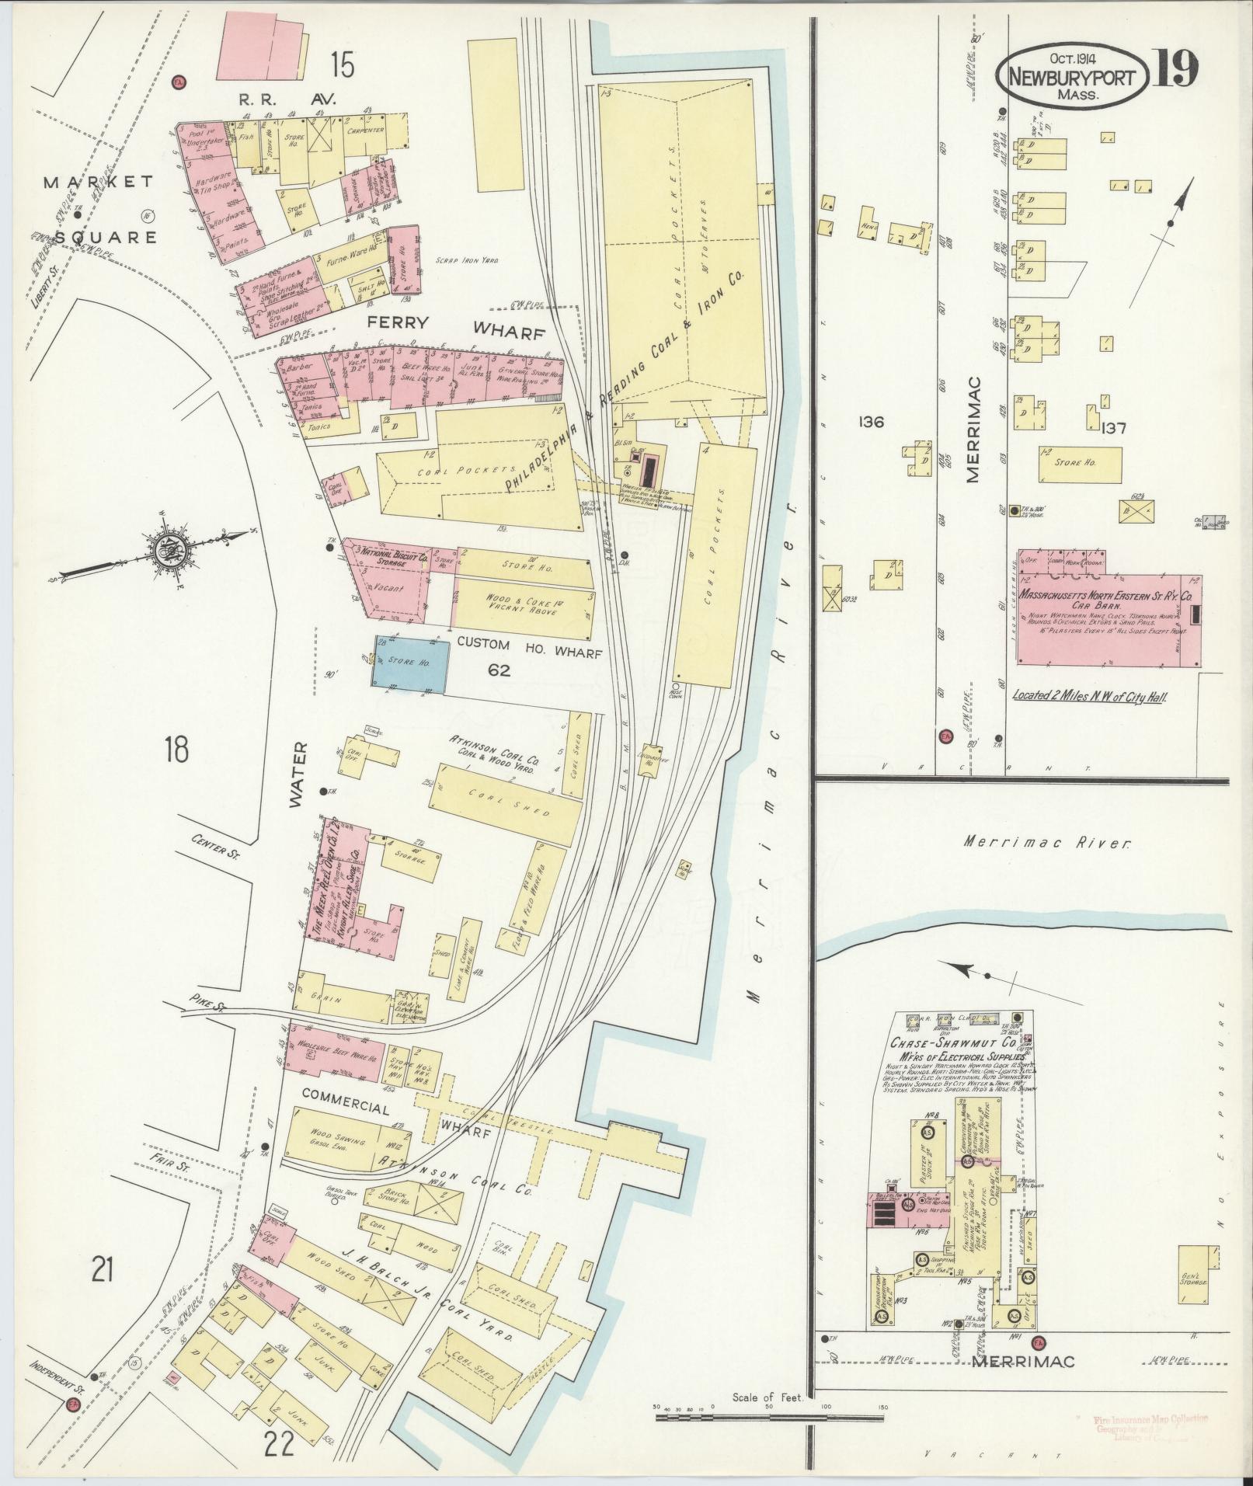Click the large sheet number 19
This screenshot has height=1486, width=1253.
click(x=1175, y=70)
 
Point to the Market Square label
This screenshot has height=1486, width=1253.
click(x=99, y=209)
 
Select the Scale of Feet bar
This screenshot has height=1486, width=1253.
click(x=769, y=1418)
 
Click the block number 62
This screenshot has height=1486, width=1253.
click(x=498, y=669)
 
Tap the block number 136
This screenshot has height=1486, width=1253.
click(x=872, y=422)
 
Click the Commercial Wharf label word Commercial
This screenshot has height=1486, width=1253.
click(x=345, y=1111)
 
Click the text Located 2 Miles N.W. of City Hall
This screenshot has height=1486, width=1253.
click(x=1091, y=696)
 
